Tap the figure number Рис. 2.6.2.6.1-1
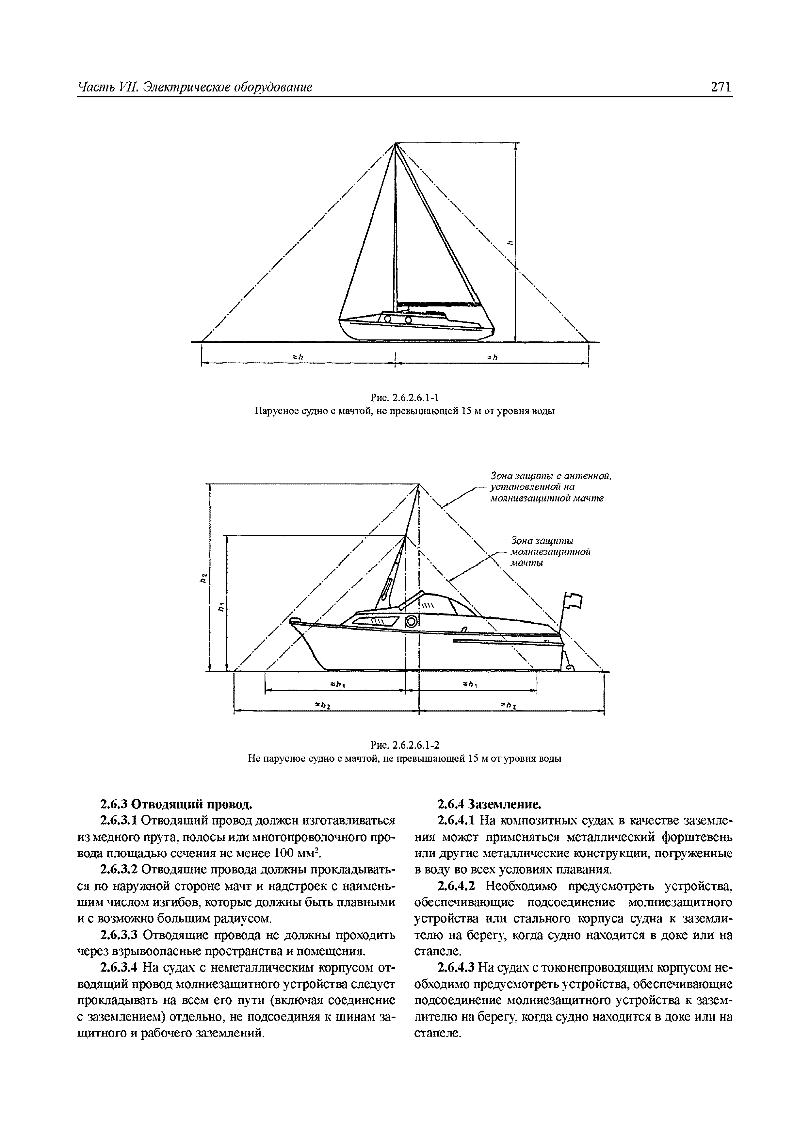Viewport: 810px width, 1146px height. (x=404, y=397)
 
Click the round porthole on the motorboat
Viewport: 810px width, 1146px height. (x=411, y=621)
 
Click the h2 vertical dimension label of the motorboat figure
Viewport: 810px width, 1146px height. (x=202, y=578)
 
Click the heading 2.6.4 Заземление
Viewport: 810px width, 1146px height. (x=489, y=804)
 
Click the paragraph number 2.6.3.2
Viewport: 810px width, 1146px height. (x=120, y=870)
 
